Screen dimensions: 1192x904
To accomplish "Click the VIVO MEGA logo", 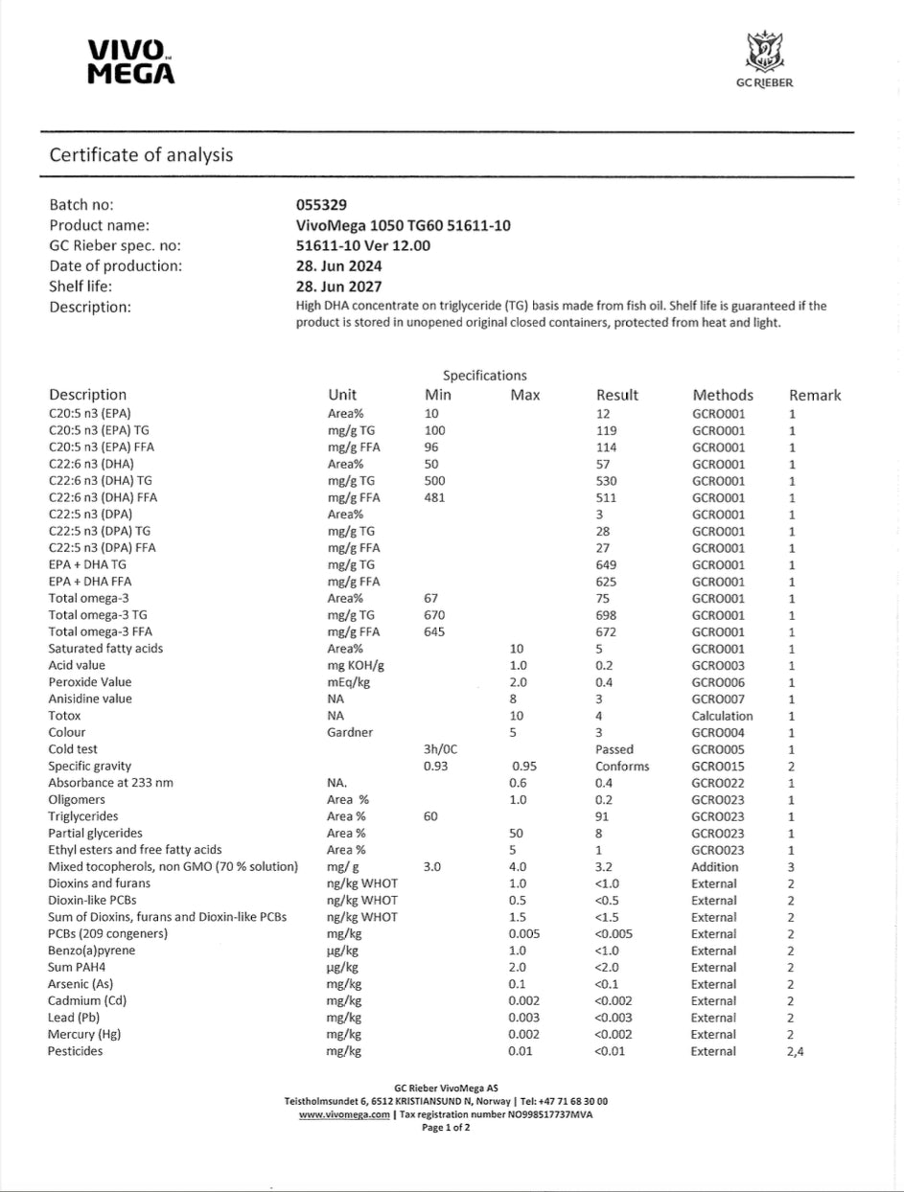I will [130, 62].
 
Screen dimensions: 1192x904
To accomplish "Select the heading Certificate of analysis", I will [141, 154].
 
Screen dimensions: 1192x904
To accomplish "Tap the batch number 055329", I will [322, 205].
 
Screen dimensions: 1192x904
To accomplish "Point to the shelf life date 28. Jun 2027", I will [340, 287].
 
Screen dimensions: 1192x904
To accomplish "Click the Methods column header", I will [722, 395].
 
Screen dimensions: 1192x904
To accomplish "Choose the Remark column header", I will [815, 395].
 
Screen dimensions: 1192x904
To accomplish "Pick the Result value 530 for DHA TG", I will [607, 481].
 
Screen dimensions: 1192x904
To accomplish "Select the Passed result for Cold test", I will [614, 749].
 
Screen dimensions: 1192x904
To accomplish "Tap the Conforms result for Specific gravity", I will [622, 767].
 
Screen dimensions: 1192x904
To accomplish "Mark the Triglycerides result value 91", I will [603, 816].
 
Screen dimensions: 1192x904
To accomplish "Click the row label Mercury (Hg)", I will [84, 1035].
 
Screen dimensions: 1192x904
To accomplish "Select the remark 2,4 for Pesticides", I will [796, 1051].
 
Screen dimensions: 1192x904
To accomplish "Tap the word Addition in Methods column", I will [715, 867].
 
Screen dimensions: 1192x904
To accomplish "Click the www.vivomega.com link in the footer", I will [343, 1115].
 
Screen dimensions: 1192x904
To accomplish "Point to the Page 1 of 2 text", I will [446, 1128].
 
